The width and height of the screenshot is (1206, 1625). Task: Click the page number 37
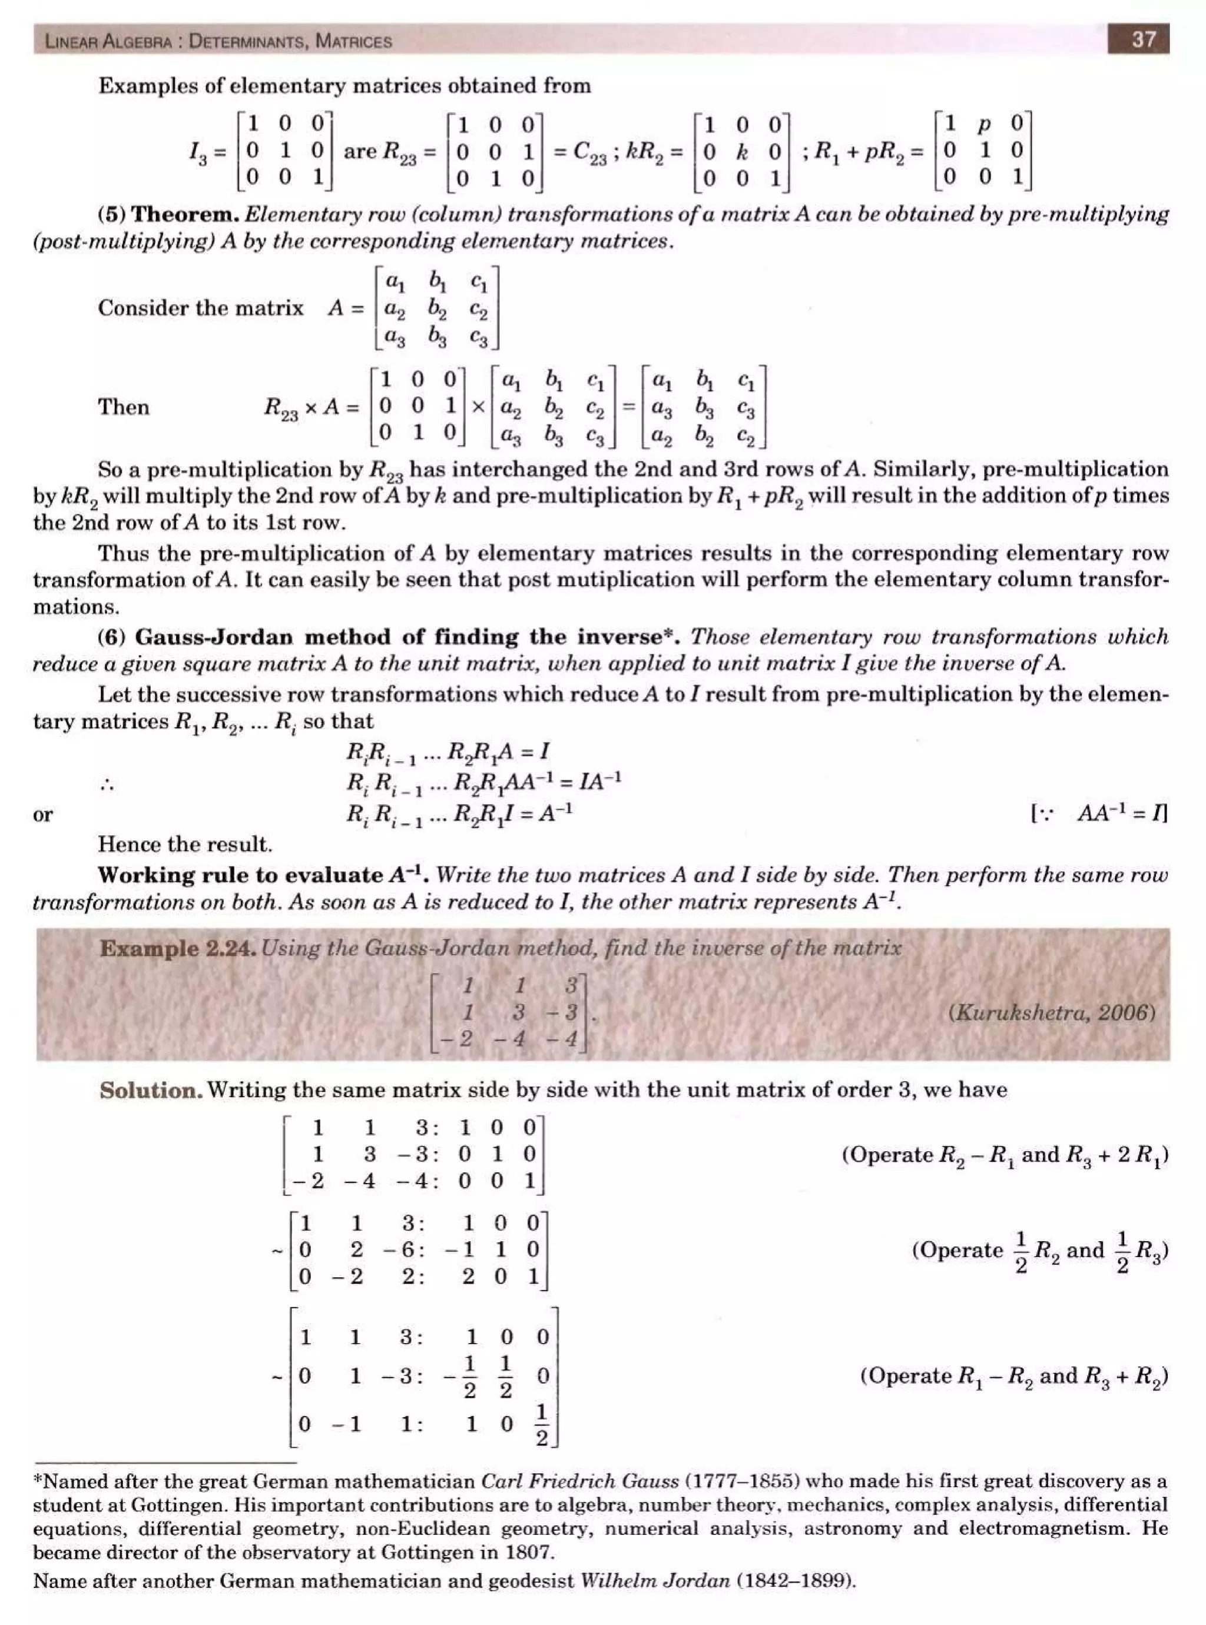pyautogui.click(x=1143, y=39)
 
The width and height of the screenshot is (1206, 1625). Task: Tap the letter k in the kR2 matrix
pyautogui.click(x=742, y=152)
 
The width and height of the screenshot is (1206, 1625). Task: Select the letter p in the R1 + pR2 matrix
pyautogui.click(x=983, y=124)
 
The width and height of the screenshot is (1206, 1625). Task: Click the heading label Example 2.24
pyautogui.click(x=178, y=949)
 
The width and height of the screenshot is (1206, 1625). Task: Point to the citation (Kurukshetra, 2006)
pyautogui.click(x=1052, y=1012)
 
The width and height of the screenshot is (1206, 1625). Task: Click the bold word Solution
pyautogui.click(x=150, y=1090)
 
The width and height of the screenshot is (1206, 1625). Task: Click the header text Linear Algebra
pyautogui.click(x=108, y=41)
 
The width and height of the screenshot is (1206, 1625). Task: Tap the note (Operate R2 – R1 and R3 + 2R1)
pyautogui.click(x=1005, y=1155)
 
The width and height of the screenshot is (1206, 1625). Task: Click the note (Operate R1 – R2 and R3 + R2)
pyautogui.click(x=1013, y=1376)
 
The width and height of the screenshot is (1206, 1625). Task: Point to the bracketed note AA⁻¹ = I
pyautogui.click(x=1099, y=813)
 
